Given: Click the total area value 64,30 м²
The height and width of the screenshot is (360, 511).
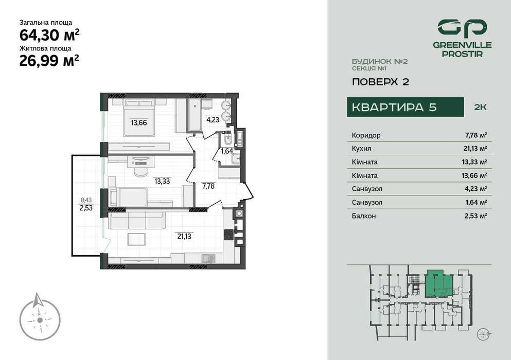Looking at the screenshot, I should click(x=49, y=35).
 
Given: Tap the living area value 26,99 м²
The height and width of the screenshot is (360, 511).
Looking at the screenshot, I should click(x=49, y=61).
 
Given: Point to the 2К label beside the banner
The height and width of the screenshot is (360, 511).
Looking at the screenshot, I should click(x=480, y=107).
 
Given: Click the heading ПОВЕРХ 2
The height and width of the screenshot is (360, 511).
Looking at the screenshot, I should click(x=380, y=81).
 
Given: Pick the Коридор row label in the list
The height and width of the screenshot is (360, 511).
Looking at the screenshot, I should click(x=366, y=135).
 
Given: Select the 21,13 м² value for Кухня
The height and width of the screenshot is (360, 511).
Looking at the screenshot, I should click(x=475, y=149).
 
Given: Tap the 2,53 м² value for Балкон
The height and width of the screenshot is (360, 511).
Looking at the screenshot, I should click(x=475, y=216).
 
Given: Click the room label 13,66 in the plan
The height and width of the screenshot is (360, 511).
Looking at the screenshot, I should click(x=139, y=122).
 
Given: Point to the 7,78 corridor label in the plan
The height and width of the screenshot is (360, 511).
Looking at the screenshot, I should click(x=208, y=186).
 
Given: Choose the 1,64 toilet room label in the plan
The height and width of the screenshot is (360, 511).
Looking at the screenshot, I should click(x=227, y=151).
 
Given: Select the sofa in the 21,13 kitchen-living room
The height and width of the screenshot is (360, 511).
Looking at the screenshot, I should click(x=137, y=221).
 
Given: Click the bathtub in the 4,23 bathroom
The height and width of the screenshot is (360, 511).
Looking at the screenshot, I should click(x=194, y=115).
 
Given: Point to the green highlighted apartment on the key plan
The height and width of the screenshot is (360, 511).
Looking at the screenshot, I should click(x=438, y=283).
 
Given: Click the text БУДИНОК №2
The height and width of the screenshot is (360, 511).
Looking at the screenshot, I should click(x=379, y=61).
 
